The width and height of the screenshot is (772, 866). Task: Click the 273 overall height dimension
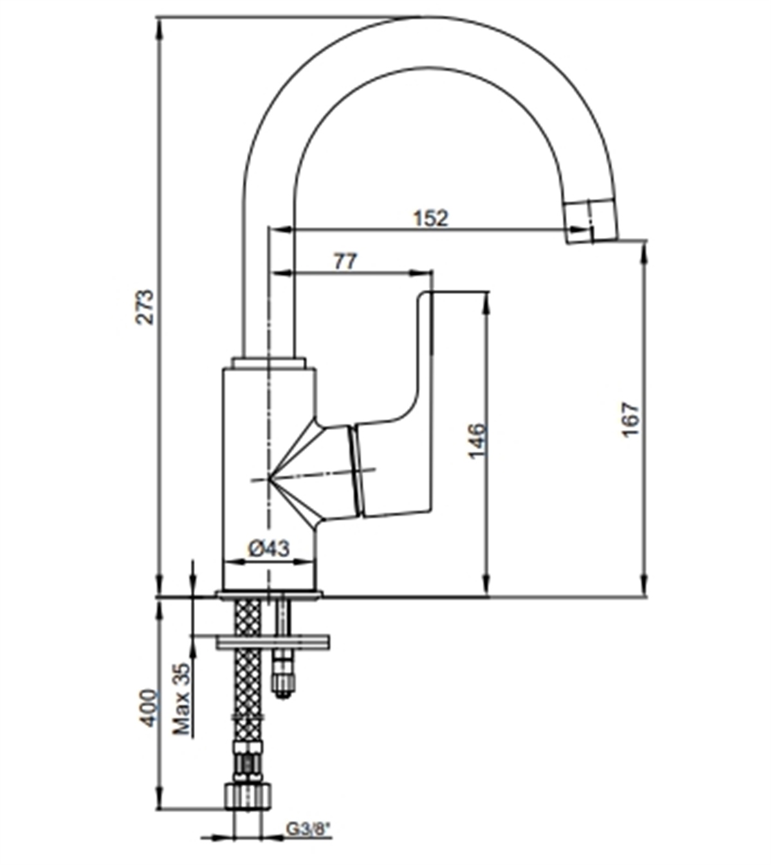[147, 307]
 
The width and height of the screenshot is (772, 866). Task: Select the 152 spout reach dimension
[430, 219]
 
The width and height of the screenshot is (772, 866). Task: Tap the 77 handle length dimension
[345, 262]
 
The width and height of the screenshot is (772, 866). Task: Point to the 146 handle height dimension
[477, 440]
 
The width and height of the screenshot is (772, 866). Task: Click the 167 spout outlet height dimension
[630, 419]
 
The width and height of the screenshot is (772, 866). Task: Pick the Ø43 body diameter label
[269, 548]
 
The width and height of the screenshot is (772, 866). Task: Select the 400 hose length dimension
[148, 708]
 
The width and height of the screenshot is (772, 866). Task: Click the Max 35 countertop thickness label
[182, 699]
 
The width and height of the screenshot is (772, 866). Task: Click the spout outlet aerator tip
[589, 222]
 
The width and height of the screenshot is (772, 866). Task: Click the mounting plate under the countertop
[273, 641]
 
